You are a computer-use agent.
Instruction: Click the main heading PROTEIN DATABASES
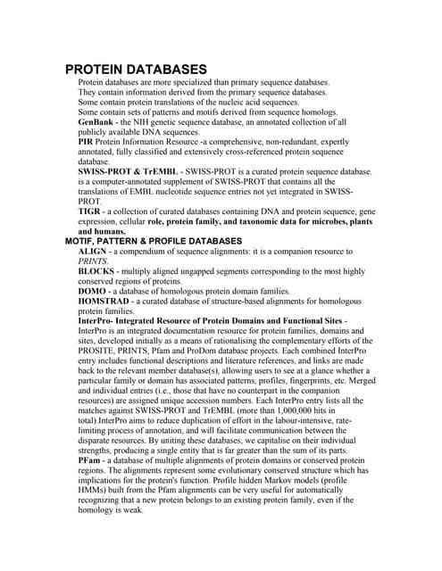pos(137,70)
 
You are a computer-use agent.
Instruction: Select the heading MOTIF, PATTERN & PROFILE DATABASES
pos(154,241)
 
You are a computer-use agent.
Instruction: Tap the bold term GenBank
pos(98,122)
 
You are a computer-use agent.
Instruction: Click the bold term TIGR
pos(91,211)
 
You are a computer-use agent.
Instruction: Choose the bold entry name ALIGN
pos(95,252)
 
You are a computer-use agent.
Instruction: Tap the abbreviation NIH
pos(146,122)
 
